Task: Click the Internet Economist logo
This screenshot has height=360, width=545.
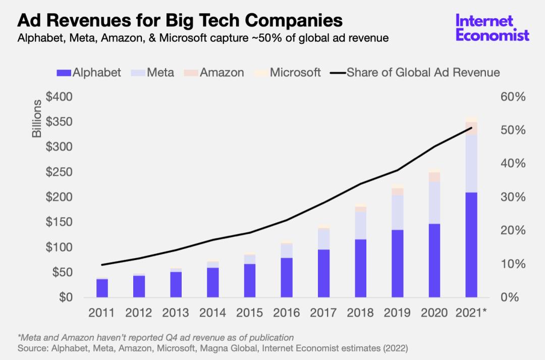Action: point(492,28)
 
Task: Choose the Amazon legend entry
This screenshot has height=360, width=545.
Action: point(215,72)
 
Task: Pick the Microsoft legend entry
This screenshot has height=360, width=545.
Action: point(288,72)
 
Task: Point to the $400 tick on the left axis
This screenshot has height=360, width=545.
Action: point(60,96)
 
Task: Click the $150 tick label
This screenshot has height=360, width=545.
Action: point(60,222)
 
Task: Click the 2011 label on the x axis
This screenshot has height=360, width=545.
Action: point(101,313)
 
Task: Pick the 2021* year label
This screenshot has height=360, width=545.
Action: point(471,313)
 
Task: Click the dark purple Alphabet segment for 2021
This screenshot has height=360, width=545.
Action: point(471,245)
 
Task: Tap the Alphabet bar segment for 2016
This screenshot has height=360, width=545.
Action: point(287,277)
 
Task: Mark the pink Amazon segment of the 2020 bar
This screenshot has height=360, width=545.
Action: point(434,177)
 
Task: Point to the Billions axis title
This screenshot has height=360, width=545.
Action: point(37,119)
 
